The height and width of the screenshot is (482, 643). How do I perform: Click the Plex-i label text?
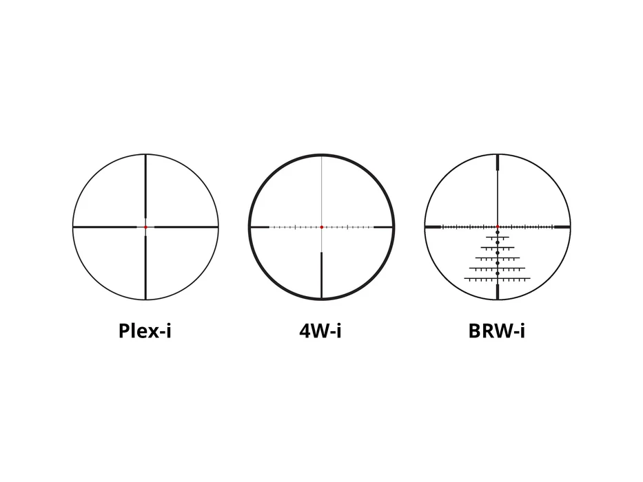[145, 331]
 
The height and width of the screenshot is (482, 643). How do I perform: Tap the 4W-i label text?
[320, 331]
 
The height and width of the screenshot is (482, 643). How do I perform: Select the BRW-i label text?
[497, 331]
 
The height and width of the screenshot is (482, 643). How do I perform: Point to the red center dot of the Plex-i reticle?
[145, 227]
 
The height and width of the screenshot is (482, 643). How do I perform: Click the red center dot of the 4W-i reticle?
[321, 227]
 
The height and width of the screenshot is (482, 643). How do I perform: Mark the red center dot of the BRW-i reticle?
[498, 227]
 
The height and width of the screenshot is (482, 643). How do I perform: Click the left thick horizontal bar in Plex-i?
[105, 227]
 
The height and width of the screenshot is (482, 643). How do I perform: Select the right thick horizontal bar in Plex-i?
[186, 227]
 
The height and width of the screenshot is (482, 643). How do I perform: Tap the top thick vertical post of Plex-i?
[145, 186]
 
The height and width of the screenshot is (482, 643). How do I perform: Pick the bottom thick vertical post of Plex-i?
[145, 267]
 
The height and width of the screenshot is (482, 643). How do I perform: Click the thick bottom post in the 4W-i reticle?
[321, 275]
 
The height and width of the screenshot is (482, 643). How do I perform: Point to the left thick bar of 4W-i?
[260, 227]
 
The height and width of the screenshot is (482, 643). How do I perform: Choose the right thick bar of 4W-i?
[383, 227]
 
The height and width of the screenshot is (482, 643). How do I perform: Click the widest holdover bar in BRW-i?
[498, 279]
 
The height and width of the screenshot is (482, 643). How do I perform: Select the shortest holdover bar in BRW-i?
[498, 238]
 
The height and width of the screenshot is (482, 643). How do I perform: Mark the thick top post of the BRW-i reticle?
[498, 163]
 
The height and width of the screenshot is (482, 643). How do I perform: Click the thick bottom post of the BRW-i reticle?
[498, 291]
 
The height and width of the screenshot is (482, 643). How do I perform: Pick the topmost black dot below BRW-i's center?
[498, 233]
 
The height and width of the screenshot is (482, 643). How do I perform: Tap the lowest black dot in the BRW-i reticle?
[498, 273]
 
